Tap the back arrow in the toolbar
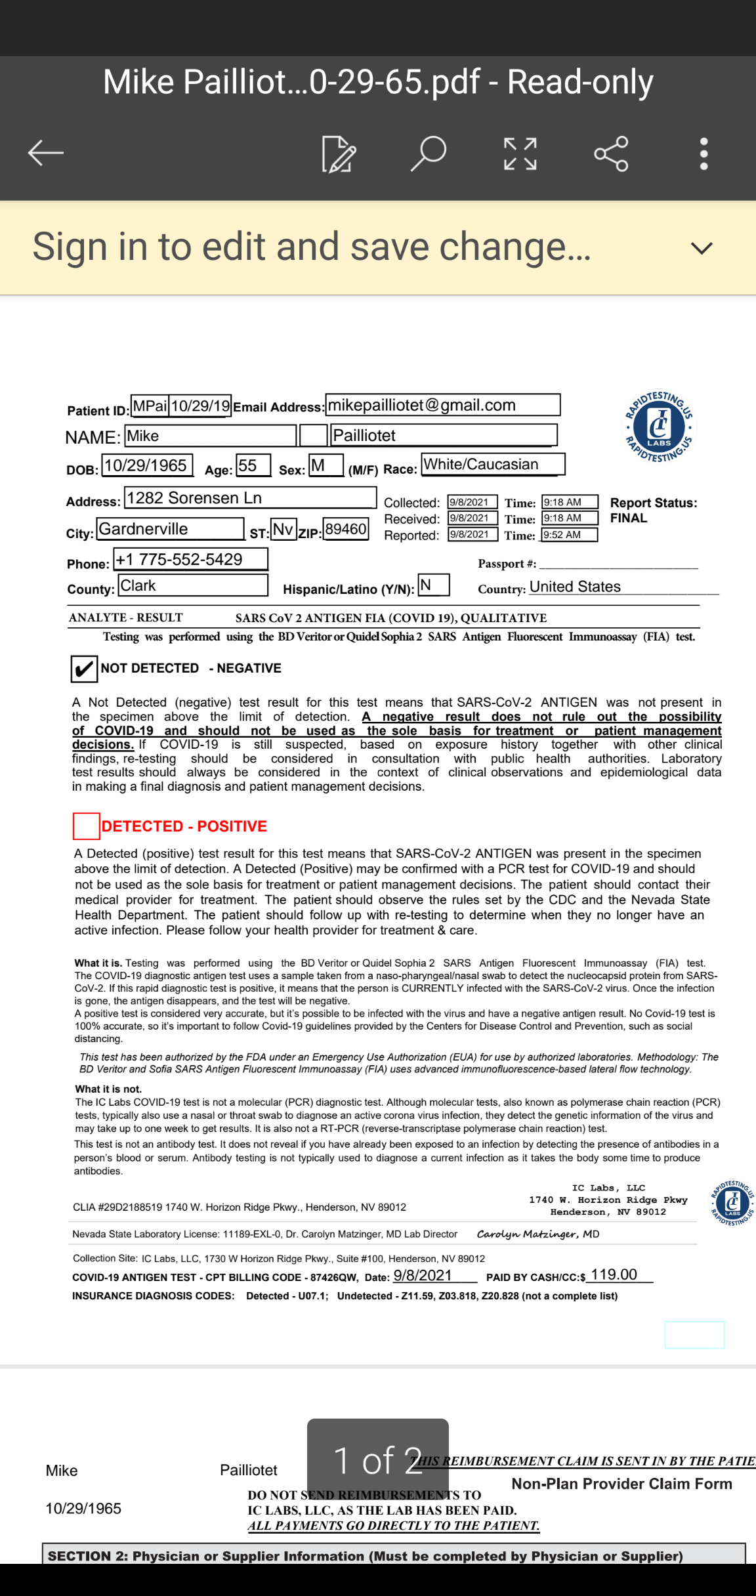(x=45, y=153)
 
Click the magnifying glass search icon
(x=429, y=154)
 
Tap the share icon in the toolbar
(x=611, y=154)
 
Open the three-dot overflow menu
(x=703, y=154)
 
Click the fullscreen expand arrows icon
(x=520, y=154)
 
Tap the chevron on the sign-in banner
(x=702, y=248)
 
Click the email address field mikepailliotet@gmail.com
(x=442, y=405)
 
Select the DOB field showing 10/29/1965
(x=147, y=465)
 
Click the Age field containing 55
(x=253, y=465)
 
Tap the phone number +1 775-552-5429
(x=190, y=559)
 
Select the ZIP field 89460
(x=346, y=529)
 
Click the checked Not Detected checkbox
(x=84, y=669)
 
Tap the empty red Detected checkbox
(x=86, y=826)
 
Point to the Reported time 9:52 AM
(x=569, y=535)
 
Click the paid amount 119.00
(x=614, y=1274)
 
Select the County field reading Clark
(x=193, y=585)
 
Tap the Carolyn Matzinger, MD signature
(x=537, y=1234)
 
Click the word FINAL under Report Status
(x=629, y=518)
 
